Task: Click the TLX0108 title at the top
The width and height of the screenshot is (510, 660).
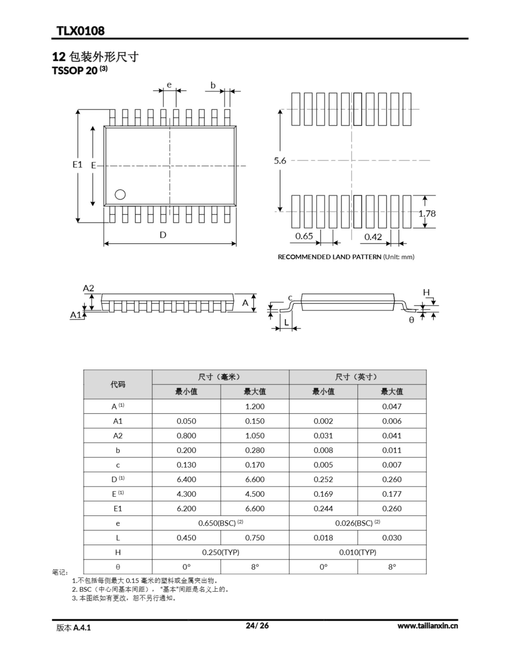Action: (x=80, y=31)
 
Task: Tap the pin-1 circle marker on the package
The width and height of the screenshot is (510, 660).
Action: (x=120, y=195)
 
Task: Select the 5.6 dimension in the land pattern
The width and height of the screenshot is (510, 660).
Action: (x=280, y=161)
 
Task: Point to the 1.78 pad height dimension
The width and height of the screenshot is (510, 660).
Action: (x=427, y=214)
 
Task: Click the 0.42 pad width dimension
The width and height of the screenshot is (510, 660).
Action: (x=373, y=237)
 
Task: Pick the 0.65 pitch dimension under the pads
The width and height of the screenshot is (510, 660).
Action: (x=304, y=236)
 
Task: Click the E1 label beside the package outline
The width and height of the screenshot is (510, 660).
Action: (x=77, y=164)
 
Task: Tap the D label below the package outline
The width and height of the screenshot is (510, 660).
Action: (x=163, y=235)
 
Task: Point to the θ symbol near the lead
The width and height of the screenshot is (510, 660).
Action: (x=411, y=320)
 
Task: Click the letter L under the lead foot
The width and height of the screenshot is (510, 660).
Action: (x=286, y=323)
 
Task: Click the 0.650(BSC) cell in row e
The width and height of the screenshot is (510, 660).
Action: (x=220, y=523)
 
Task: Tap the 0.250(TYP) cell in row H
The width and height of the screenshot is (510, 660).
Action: (x=220, y=552)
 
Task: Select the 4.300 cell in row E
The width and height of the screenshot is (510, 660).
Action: (x=186, y=494)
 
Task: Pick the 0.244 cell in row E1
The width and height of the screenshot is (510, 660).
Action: (x=323, y=509)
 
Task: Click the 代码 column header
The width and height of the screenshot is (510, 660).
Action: (x=118, y=384)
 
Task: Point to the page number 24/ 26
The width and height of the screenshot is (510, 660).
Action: (x=257, y=625)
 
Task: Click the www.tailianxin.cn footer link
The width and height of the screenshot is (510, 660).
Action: (x=427, y=626)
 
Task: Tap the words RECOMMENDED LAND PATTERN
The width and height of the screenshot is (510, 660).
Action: (x=329, y=257)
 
